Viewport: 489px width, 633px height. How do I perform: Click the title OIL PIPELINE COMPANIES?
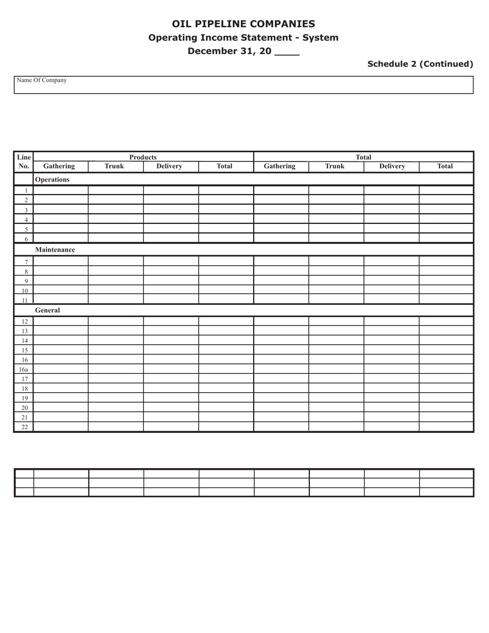[243, 24]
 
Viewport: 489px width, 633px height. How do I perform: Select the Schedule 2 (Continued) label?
[420, 64]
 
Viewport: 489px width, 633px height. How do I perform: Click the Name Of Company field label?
[42, 80]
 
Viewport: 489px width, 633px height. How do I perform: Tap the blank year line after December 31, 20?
[287, 51]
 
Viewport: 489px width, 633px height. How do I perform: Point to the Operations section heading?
[52, 180]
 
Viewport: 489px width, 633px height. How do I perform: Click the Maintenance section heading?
[55, 250]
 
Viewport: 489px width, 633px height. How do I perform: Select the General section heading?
[47, 310]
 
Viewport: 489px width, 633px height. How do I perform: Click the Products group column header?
[143, 157]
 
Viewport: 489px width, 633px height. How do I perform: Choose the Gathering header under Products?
[59, 166]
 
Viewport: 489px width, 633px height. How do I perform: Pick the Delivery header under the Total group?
[392, 166]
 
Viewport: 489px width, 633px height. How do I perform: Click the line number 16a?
[24, 370]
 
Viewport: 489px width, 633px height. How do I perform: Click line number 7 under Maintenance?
[26, 262]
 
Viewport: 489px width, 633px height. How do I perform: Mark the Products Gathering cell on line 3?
[61, 209]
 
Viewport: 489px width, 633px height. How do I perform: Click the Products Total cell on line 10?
[226, 290]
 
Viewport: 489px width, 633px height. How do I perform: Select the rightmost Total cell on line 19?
[446, 398]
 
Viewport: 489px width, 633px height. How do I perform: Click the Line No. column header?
[24, 162]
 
